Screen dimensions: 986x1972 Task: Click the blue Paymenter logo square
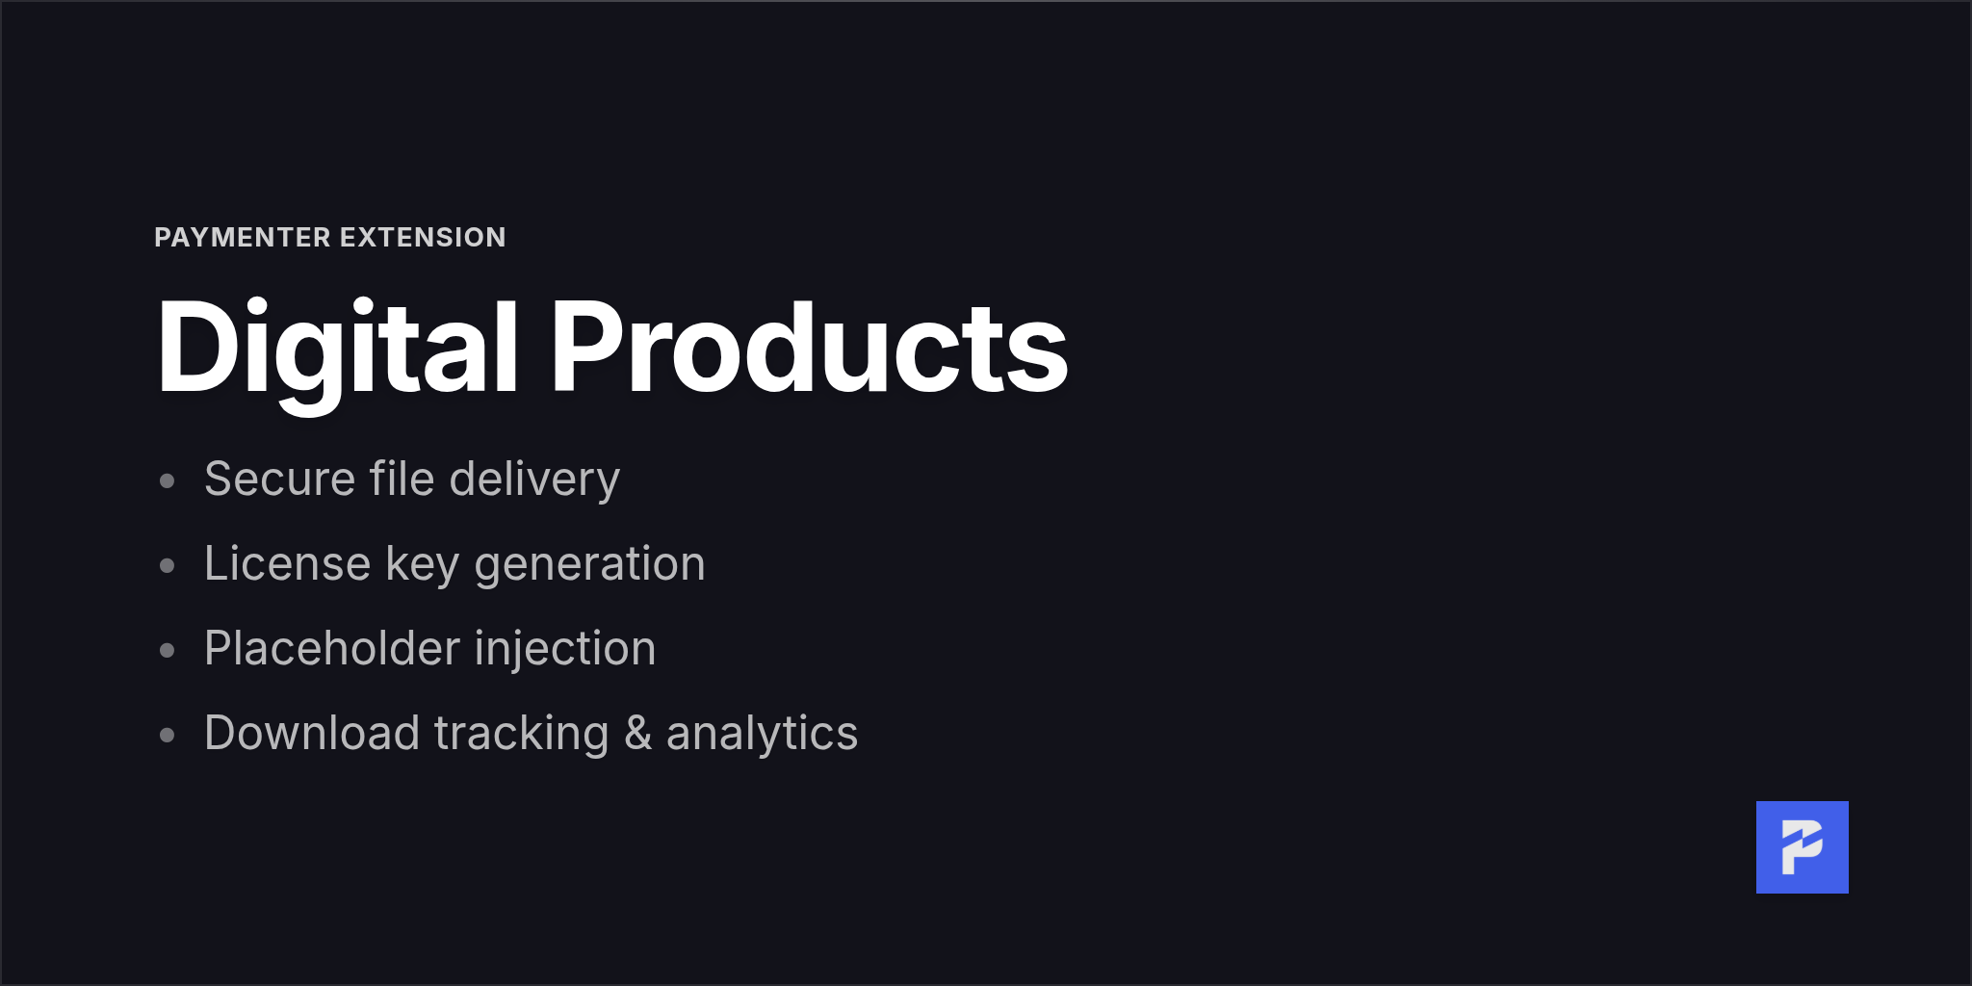click(x=1802, y=847)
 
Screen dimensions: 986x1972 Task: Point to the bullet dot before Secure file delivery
click(x=168, y=480)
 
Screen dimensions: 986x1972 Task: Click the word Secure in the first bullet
click(x=279, y=480)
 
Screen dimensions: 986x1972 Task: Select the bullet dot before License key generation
click(x=168, y=565)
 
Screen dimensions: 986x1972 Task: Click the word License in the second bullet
click(x=287, y=564)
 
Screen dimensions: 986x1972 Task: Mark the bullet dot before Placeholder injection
click(x=168, y=650)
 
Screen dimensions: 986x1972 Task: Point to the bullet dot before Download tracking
click(x=168, y=735)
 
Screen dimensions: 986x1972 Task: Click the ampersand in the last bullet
click(x=637, y=734)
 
